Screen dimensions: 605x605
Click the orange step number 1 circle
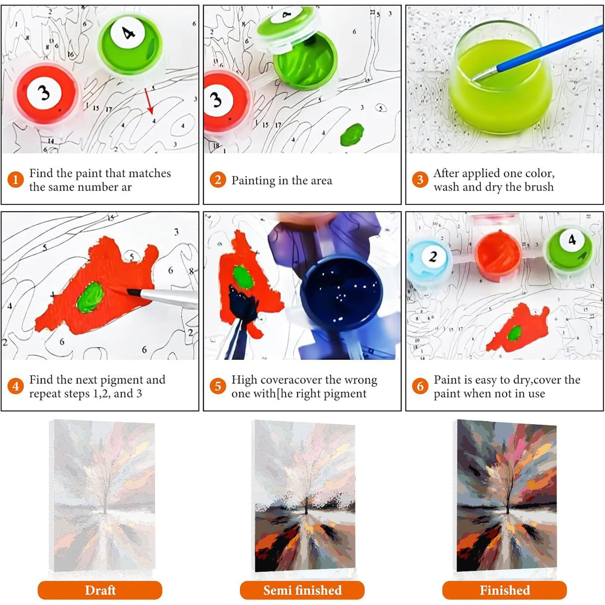pyautogui.click(x=15, y=180)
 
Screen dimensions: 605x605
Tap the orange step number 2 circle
pyautogui.click(x=218, y=180)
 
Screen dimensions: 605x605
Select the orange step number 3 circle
pyautogui.click(x=420, y=180)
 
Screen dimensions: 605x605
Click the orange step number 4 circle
pyautogui.click(x=15, y=386)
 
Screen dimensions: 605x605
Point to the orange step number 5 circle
pyautogui.click(x=218, y=386)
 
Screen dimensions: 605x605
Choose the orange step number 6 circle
pyautogui.click(x=420, y=386)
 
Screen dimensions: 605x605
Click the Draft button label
pyautogui.click(x=100, y=590)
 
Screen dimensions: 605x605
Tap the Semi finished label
pyautogui.click(x=302, y=590)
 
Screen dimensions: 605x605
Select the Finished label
pyautogui.click(x=504, y=590)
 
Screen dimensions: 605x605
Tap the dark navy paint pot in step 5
pyautogui.click(x=341, y=293)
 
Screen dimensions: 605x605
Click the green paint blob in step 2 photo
pyautogui.click(x=352, y=135)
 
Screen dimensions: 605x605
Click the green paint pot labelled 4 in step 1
pyautogui.click(x=130, y=43)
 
